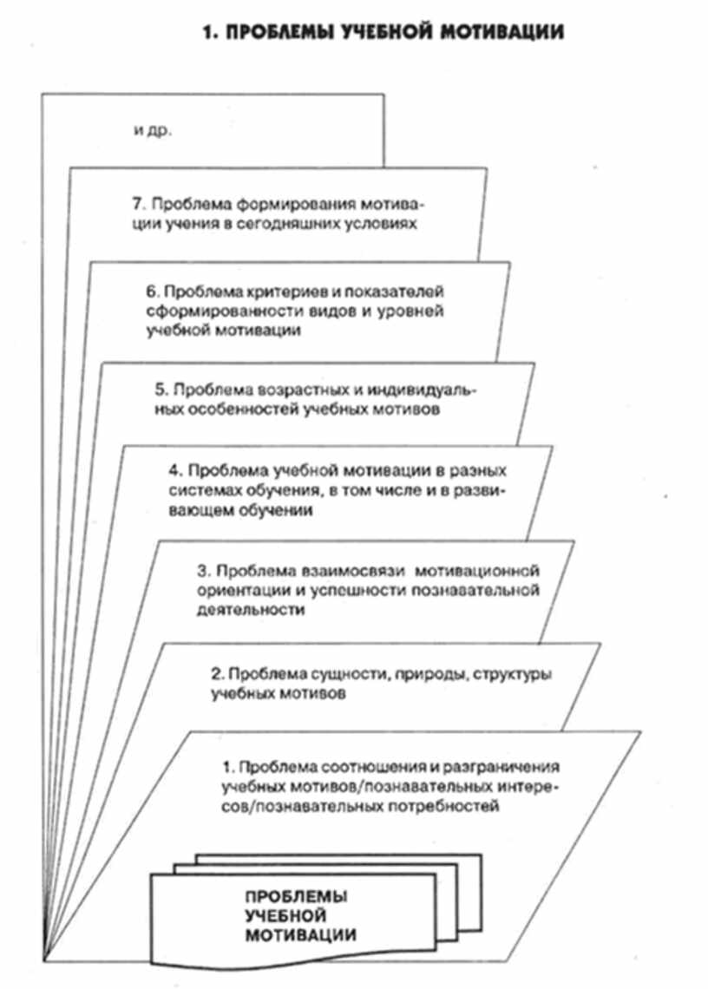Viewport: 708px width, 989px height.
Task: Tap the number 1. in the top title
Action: tap(208, 33)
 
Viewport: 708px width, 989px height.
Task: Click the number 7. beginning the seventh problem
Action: tap(134, 206)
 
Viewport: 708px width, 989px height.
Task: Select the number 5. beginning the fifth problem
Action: tap(168, 389)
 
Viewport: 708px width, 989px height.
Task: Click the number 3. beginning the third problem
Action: tap(204, 571)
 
